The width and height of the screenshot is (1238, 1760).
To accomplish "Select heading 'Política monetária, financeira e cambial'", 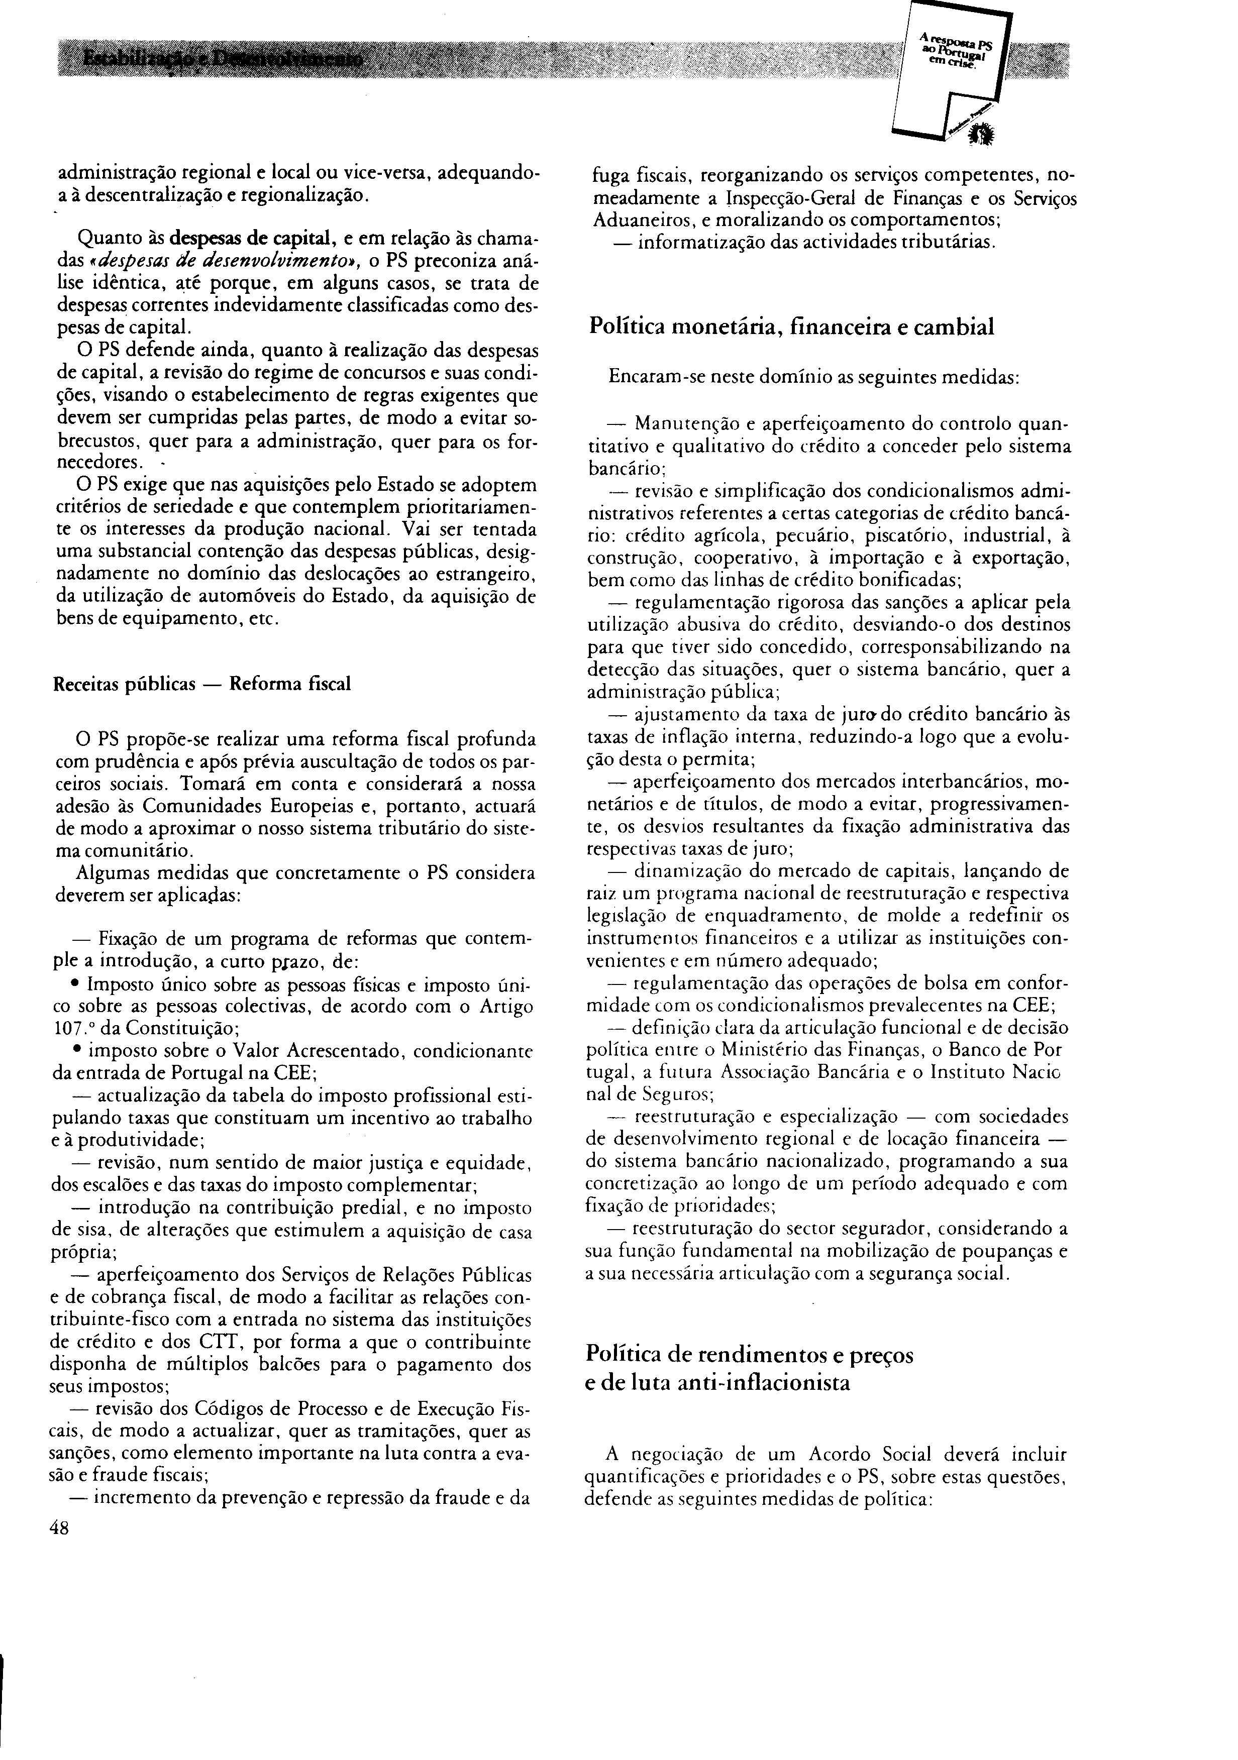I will point(792,326).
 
